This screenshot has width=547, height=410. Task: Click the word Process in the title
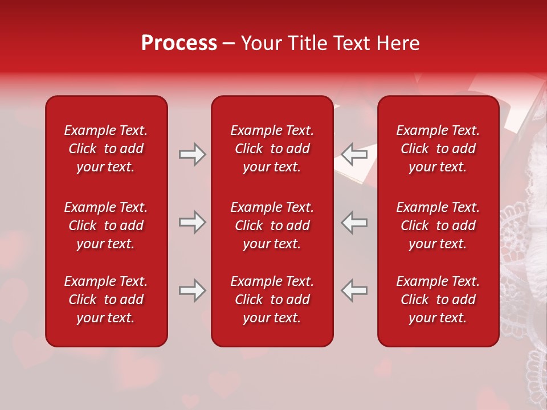(179, 43)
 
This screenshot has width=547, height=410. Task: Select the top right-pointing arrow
(193, 154)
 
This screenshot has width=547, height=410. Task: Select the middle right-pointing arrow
(193, 222)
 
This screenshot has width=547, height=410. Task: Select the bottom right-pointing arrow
(193, 290)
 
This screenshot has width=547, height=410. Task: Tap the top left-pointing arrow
(354, 154)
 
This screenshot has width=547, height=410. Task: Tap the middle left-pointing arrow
(354, 222)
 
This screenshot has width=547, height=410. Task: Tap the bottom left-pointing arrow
(354, 290)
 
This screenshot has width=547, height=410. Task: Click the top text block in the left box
(106, 149)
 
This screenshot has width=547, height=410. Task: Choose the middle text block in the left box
(106, 225)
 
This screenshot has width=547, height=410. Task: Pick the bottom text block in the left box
(106, 300)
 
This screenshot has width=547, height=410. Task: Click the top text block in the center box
(272, 149)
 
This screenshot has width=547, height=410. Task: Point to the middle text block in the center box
(272, 225)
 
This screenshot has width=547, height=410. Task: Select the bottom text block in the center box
(272, 300)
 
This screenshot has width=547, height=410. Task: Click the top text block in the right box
(438, 149)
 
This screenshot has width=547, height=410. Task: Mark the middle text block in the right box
(438, 225)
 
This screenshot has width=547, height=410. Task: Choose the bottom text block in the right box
(438, 300)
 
